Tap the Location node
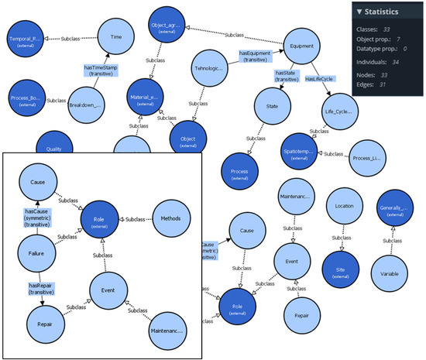point(345,207)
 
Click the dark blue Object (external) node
point(188,140)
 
